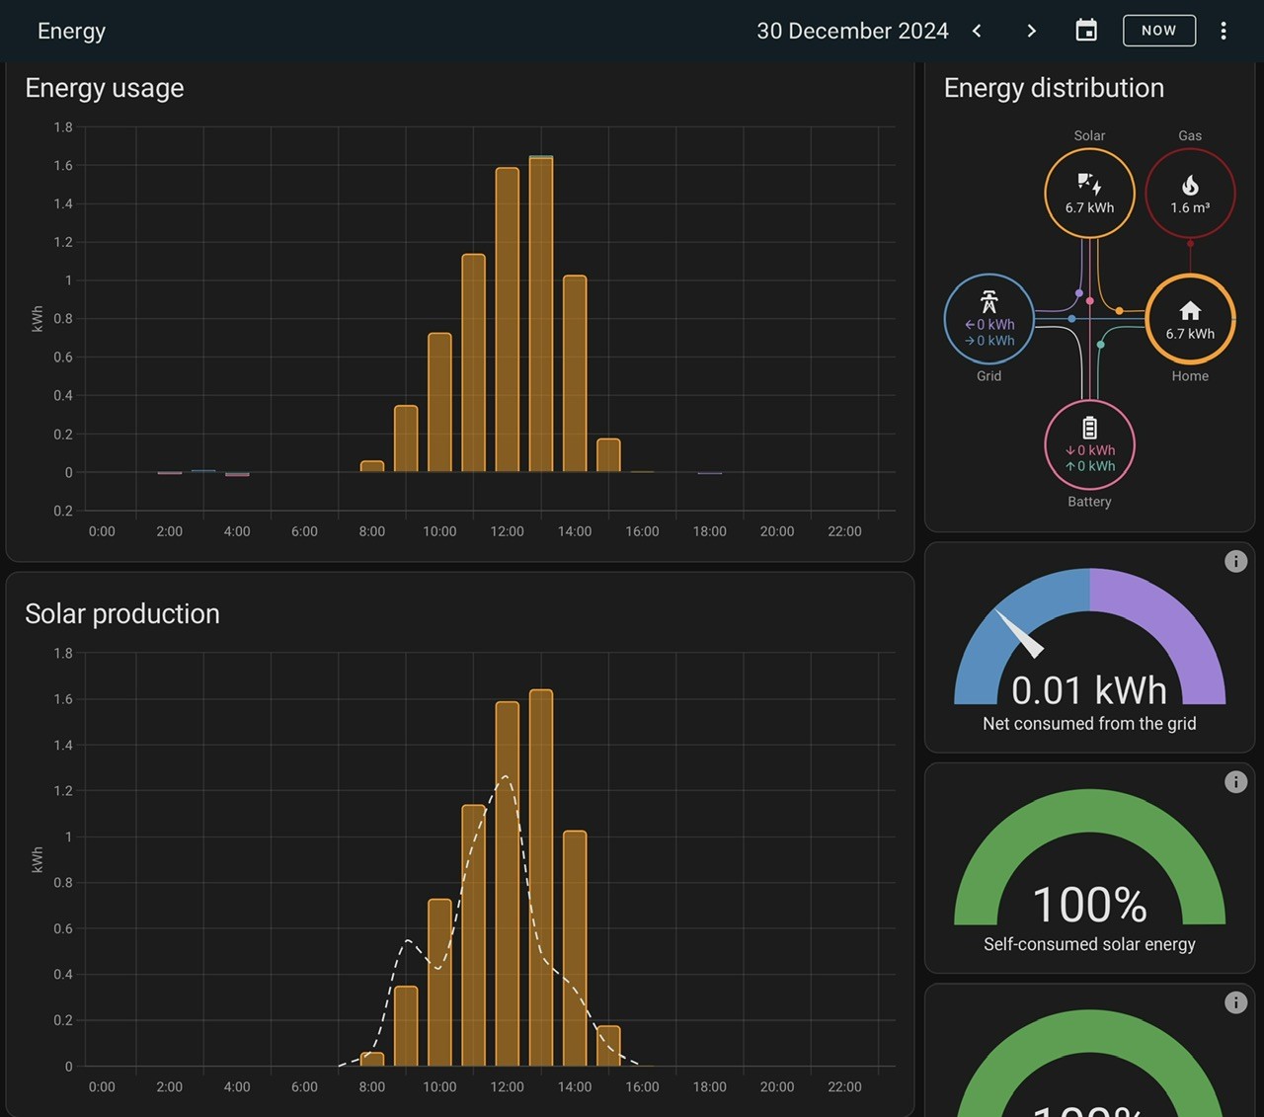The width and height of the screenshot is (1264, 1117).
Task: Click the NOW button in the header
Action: [1159, 31]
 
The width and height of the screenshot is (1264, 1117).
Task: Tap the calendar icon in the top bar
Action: [1086, 31]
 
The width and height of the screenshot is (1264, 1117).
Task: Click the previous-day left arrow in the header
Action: [977, 31]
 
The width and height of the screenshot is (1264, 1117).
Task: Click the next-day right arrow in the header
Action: [1031, 31]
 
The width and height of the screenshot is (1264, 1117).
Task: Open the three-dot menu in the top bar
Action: [1224, 31]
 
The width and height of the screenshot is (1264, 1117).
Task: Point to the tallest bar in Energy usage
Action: [541, 314]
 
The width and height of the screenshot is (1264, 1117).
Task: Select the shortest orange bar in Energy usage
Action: [372, 466]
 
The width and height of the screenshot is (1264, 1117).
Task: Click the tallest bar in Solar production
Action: [541, 877]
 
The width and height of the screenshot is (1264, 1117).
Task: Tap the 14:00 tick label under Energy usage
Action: [574, 531]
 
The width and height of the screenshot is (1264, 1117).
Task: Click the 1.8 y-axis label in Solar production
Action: [63, 654]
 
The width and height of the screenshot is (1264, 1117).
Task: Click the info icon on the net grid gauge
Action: [1235, 562]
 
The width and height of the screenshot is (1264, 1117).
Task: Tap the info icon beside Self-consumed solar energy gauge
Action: [1235, 782]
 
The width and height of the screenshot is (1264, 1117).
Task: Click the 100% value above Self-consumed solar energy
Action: [1089, 905]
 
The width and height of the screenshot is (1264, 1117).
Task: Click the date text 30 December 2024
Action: [852, 31]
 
